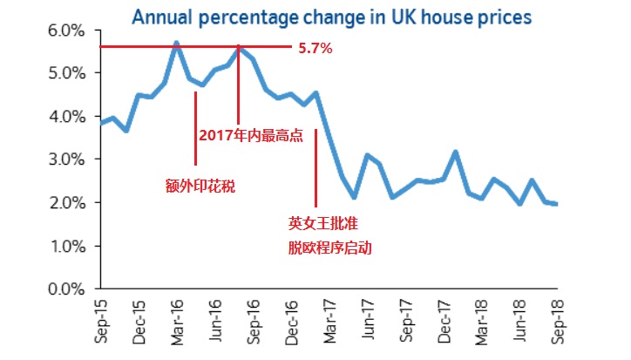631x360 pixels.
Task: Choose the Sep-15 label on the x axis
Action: point(101,321)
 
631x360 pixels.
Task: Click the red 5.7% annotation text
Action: point(315,49)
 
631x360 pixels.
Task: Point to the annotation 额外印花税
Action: point(200,185)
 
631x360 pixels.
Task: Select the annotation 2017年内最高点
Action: point(250,136)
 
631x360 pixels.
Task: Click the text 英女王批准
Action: point(323,223)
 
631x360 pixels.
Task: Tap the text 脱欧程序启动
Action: point(330,248)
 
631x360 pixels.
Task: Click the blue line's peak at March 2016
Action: point(177,43)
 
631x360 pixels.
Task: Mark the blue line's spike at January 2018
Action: point(456,152)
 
